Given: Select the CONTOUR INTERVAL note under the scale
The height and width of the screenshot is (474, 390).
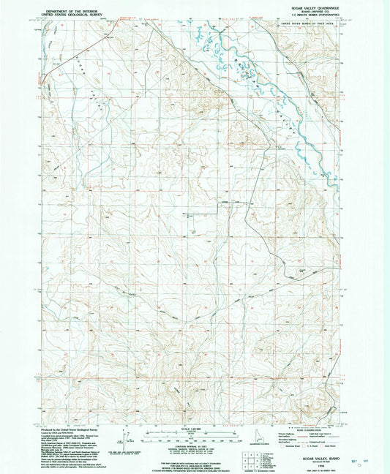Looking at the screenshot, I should [x=195, y=445].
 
